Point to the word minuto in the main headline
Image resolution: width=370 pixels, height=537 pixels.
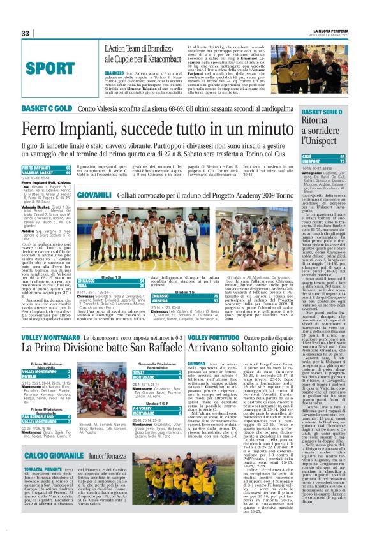pyautogui.click(x=260, y=130)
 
